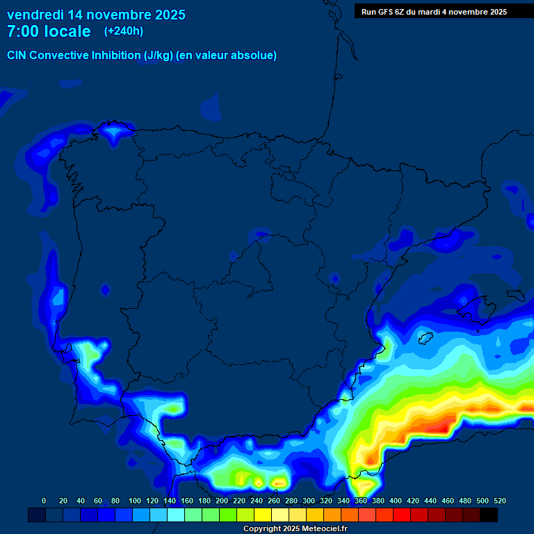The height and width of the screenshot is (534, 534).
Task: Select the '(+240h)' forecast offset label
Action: (x=123, y=31)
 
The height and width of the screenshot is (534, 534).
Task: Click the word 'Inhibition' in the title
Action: (x=115, y=56)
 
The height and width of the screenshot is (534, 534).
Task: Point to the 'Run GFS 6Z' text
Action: (x=387, y=12)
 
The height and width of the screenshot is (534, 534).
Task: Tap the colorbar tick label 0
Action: (x=44, y=501)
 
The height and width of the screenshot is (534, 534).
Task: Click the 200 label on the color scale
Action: (x=222, y=501)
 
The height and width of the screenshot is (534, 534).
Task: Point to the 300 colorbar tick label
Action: (x=309, y=501)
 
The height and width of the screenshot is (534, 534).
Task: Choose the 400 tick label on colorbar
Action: (x=396, y=501)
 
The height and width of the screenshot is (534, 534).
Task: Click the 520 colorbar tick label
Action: (x=499, y=501)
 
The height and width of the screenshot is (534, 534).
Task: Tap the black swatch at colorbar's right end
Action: (x=489, y=515)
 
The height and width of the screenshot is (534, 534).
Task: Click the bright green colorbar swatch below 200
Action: (x=228, y=515)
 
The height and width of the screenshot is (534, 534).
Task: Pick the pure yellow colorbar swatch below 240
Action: (x=263, y=515)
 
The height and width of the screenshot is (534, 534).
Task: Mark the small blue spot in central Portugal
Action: (x=105, y=289)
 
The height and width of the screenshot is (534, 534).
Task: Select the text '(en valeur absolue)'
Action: (x=227, y=56)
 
